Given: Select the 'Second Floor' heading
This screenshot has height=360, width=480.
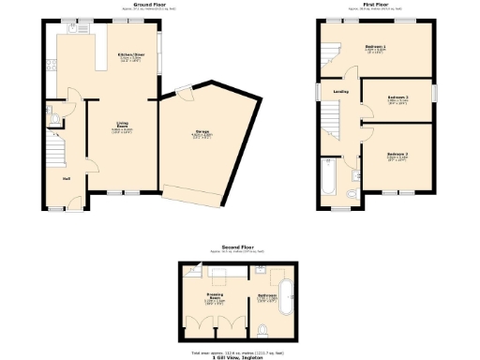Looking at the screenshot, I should [x=233, y=246].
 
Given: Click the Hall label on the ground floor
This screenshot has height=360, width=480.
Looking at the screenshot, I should [x=67, y=179].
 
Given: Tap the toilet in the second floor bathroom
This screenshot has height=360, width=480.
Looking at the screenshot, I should [x=264, y=327].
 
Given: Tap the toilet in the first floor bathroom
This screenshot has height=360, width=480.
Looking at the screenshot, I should [x=351, y=193].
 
